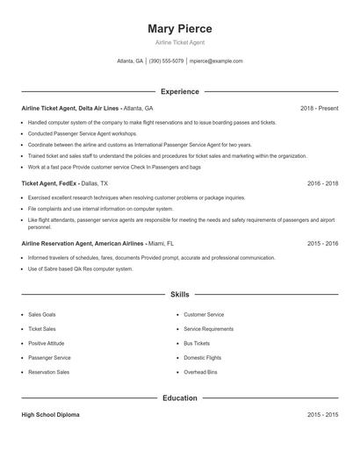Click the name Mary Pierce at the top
pyautogui.click(x=180, y=28)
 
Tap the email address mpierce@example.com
pyautogui.click(x=216, y=61)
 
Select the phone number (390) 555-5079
pyautogui.click(x=167, y=61)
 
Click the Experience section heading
pyautogui.click(x=180, y=91)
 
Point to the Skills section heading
pyautogui.click(x=180, y=295)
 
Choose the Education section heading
pyautogui.click(x=180, y=398)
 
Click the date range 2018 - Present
pyautogui.click(x=319, y=108)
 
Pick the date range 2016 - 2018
pyautogui.click(x=323, y=183)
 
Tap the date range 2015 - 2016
pyautogui.click(x=323, y=243)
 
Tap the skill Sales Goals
pyautogui.click(x=42, y=314)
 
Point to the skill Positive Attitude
pyautogui.click(x=48, y=343)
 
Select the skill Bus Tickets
pyautogui.click(x=197, y=343)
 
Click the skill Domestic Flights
pyautogui.click(x=203, y=358)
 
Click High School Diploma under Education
pyautogui.click(x=50, y=414)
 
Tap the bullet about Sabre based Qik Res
pyautogui.click(x=81, y=268)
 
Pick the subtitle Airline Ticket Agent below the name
pyautogui.click(x=180, y=42)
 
